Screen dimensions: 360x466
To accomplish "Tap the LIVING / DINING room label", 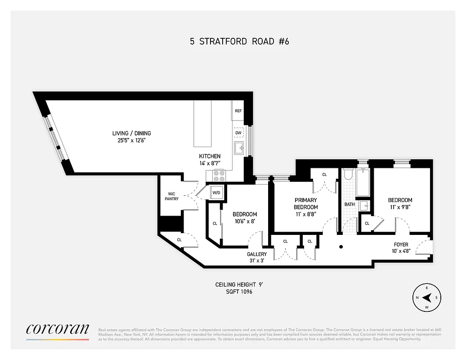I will (x=131, y=133).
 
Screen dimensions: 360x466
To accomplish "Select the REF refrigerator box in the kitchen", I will (x=238, y=111).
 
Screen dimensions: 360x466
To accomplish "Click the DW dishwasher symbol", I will (x=238, y=133).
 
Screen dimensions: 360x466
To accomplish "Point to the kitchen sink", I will (x=238, y=148).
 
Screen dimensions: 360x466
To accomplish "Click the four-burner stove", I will (x=219, y=175).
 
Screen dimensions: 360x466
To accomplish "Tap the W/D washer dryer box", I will (x=216, y=193).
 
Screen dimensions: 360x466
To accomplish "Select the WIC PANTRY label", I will (x=171, y=197).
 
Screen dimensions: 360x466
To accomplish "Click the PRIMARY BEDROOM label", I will (x=305, y=203).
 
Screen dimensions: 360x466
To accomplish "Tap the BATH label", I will (x=349, y=204).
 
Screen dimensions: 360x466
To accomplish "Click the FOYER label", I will (x=401, y=245).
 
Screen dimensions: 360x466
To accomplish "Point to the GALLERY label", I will (x=256, y=254).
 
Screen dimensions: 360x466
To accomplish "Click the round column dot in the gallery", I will (x=341, y=247).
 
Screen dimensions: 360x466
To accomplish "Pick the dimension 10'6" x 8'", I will (x=245, y=221).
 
